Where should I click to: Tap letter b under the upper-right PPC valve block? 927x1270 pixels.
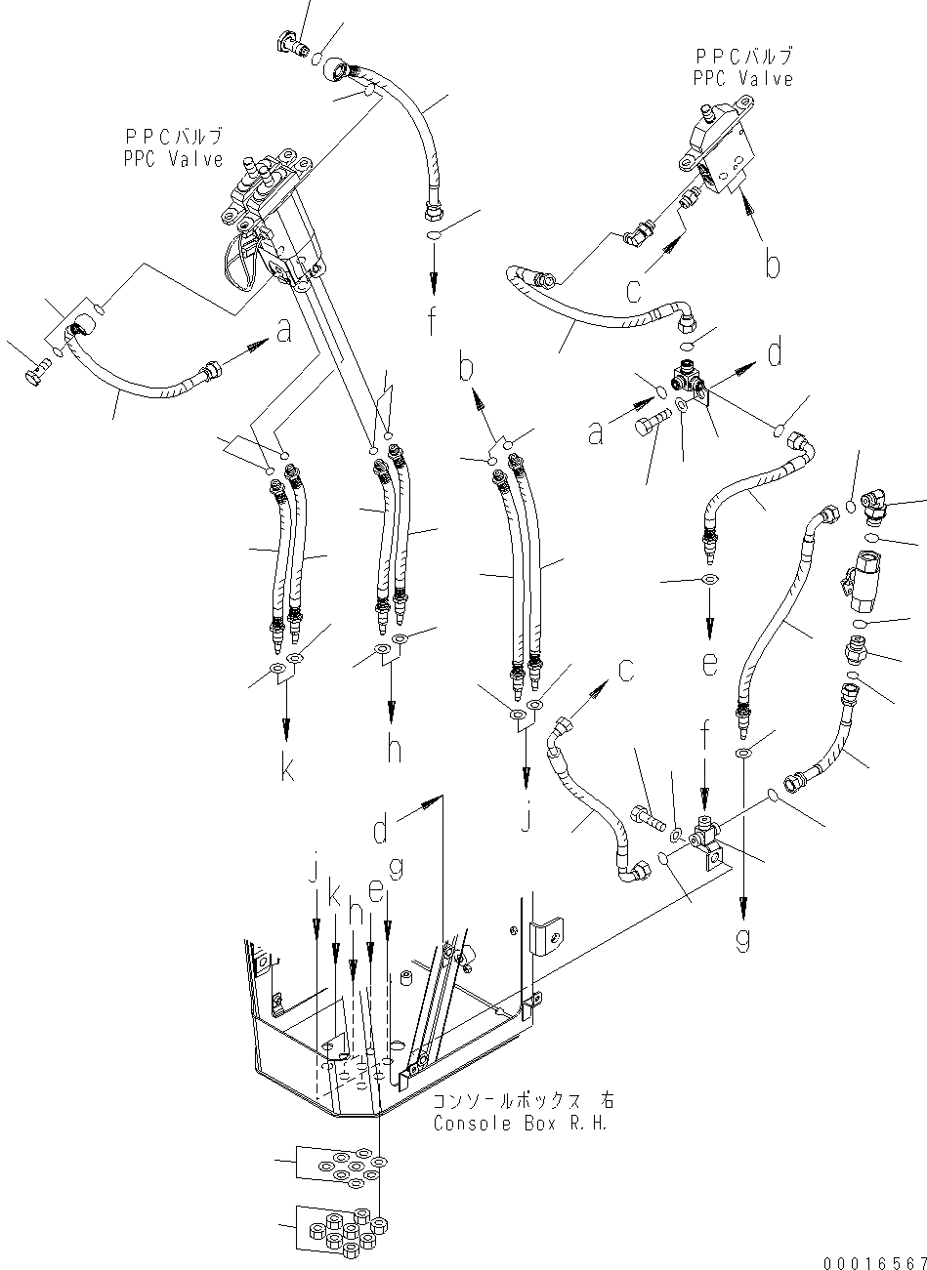[773, 265]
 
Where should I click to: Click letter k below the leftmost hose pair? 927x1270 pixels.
[287, 770]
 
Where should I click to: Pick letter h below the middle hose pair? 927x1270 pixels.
[393, 749]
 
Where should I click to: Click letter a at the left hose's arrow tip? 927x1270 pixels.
[283, 333]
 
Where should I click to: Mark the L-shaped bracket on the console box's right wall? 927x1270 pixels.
[543, 937]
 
